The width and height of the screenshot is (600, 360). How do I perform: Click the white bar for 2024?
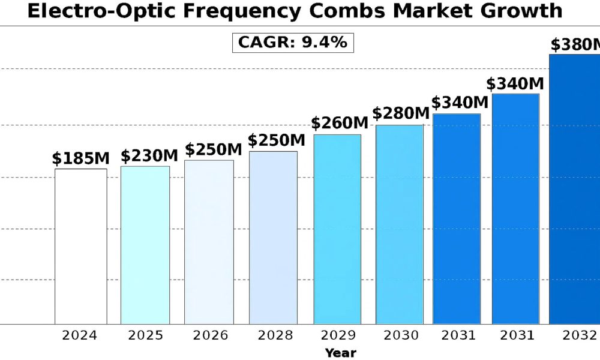pos(81,246)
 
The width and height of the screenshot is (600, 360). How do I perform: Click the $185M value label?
pos(80,159)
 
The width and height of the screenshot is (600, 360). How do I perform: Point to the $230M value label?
pos(149,156)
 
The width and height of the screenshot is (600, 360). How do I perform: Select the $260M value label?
pos(339,124)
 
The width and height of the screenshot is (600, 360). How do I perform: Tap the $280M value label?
pos(401,113)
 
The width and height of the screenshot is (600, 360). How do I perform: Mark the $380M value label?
pos(575,45)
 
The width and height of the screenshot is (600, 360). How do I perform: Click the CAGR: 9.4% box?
pos(293,43)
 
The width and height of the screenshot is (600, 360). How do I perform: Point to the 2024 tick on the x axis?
pos(80,335)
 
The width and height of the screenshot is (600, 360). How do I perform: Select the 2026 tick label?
pos(211,335)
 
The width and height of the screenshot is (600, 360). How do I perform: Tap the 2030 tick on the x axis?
pos(400,335)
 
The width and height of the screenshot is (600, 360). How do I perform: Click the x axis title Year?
pos(340,353)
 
